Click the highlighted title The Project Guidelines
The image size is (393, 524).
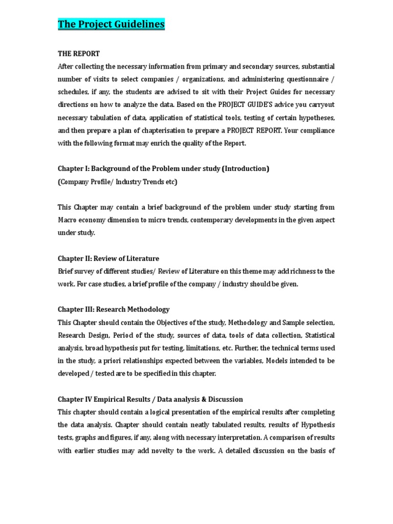tap(111, 24)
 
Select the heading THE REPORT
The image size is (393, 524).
tap(79, 53)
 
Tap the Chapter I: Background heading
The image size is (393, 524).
tap(163, 168)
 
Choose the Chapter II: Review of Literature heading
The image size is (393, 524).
tap(108, 258)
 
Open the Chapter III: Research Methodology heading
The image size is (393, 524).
tap(114, 310)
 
